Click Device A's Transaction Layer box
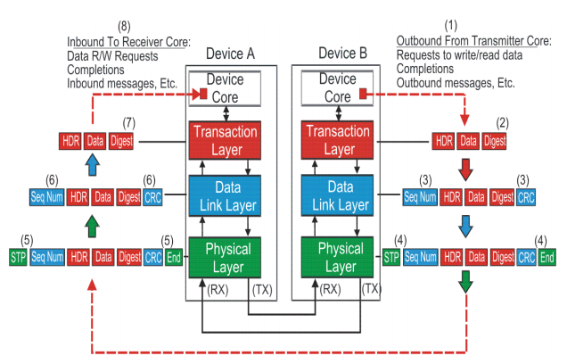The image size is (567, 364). [x=224, y=139]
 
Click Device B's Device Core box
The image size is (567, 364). [x=336, y=87]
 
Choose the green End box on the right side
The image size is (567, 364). [x=546, y=259]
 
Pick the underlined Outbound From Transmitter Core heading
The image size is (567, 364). [x=473, y=41]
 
